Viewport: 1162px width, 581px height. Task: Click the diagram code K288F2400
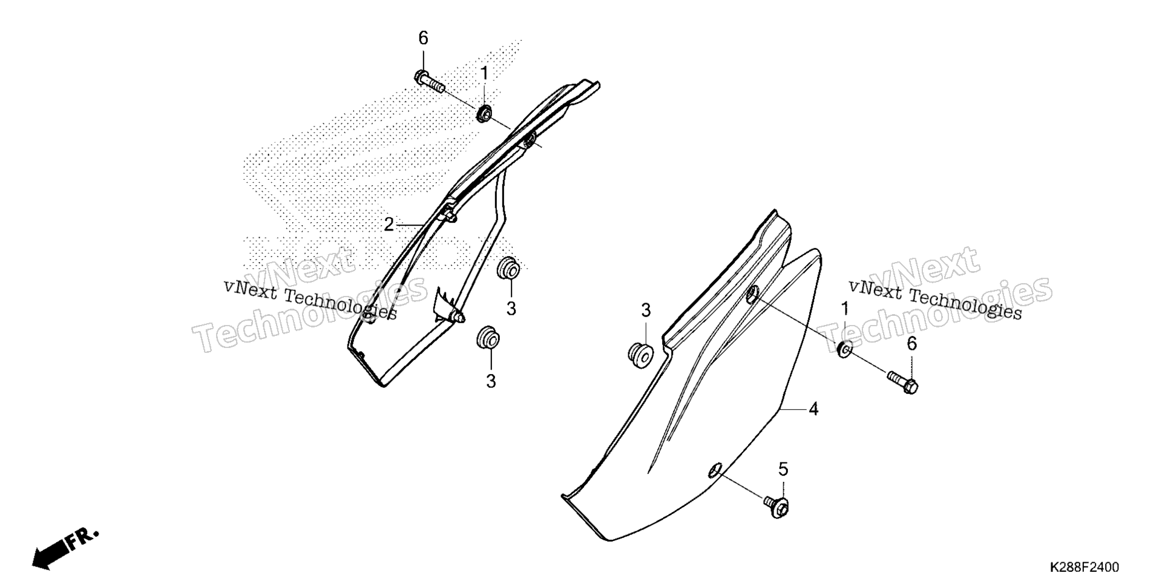tap(1085, 568)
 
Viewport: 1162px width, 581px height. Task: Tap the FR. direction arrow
tap(65, 550)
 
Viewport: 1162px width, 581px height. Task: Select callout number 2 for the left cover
tap(389, 225)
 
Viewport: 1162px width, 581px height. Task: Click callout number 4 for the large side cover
tap(814, 410)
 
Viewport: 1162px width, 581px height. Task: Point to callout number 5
tap(783, 469)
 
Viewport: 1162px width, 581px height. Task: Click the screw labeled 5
tap(776, 505)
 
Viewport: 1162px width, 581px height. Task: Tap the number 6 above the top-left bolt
tap(423, 38)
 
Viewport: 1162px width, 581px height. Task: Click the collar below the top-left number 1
tap(484, 113)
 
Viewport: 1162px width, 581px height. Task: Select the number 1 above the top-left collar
tap(484, 74)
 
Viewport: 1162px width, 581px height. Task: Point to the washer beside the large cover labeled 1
tap(845, 349)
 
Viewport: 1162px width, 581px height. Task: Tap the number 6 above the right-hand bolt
tap(911, 344)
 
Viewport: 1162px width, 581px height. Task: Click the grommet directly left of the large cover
tap(639, 353)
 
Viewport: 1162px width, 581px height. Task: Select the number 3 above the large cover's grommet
tap(646, 310)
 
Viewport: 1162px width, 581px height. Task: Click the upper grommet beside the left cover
tap(508, 268)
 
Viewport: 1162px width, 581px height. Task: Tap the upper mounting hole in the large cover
tap(752, 295)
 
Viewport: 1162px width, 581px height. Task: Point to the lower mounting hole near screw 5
tap(715, 470)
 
